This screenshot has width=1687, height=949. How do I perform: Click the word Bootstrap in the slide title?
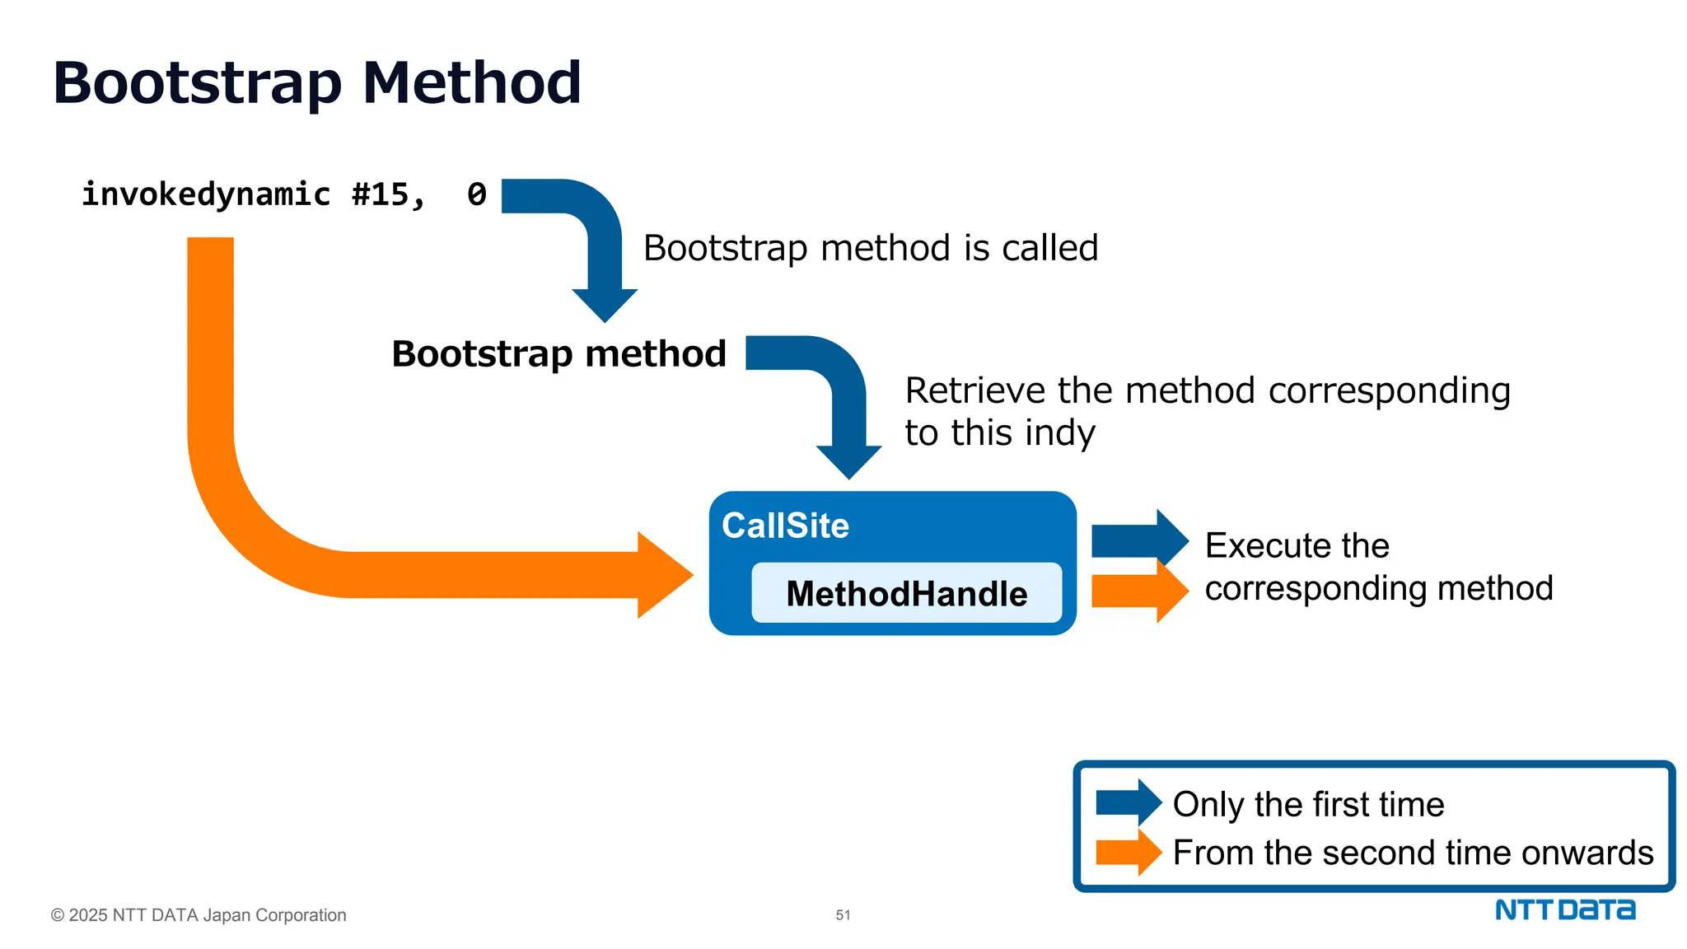197,84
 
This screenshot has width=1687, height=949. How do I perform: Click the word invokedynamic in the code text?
206,195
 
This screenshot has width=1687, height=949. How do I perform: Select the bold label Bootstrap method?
558,354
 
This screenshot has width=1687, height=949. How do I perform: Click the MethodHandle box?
906,593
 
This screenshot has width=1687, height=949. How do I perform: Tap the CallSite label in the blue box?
785,526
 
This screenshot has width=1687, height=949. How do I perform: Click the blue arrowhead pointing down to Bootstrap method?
605,304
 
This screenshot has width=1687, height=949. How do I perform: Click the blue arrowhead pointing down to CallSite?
848,461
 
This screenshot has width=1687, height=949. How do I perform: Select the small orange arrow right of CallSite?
1138,591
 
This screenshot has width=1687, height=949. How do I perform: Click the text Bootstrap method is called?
871,248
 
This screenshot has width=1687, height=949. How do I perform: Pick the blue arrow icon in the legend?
1128,802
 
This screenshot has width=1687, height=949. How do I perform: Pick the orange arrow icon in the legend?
1128,852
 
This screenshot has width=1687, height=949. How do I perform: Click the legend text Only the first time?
1308,804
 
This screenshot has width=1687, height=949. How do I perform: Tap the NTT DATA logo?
1564,909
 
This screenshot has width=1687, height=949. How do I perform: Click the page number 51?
843,915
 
